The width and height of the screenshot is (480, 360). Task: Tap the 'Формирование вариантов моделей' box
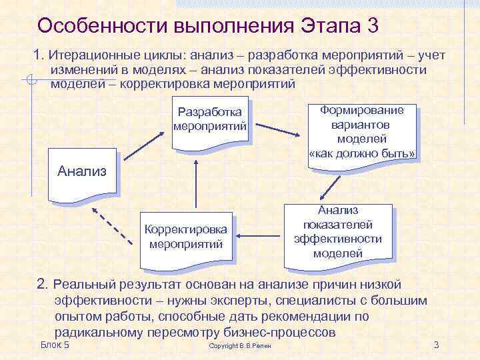362,132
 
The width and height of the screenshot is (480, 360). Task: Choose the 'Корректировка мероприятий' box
187,237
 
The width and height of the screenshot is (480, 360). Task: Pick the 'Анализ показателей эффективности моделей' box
338,231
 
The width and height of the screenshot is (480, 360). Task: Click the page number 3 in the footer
436,344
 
